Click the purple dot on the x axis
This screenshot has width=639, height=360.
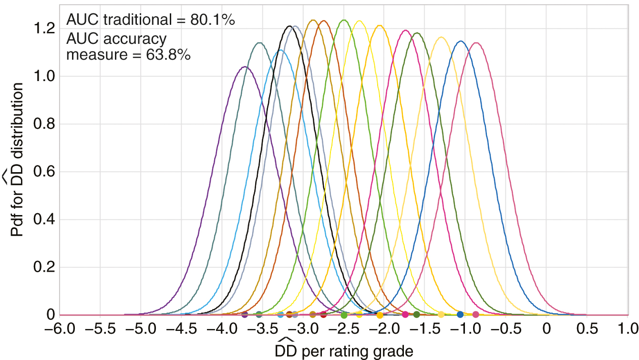point(245,314)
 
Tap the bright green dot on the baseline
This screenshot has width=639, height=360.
point(344,315)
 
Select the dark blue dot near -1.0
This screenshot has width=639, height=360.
point(460,314)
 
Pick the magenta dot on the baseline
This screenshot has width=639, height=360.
point(405,314)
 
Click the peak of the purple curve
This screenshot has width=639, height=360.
point(245,67)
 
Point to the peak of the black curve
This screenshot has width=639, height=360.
point(290,26)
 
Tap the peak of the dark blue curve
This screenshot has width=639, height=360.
point(461,41)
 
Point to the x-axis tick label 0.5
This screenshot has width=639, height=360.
point(587,329)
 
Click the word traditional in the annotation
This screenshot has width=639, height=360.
point(141,20)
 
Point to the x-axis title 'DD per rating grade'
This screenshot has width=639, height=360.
point(344,351)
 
